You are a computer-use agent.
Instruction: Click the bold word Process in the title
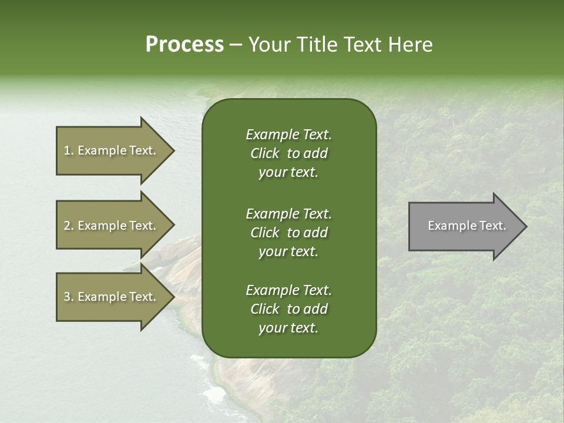(x=184, y=45)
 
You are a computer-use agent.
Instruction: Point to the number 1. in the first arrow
(x=69, y=150)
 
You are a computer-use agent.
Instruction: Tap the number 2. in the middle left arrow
(x=69, y=226)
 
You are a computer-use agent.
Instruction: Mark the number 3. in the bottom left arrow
(x=69, y=297)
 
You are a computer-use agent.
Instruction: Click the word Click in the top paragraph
(x=265, y=153)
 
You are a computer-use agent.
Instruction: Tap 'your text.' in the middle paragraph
(x=288, y=251)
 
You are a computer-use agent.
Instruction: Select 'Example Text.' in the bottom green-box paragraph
(x=288, y=290)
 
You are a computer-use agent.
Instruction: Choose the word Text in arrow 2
(x=142, y=226)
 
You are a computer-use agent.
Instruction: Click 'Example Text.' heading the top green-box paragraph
(x=288, y=135)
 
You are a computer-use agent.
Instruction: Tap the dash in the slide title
(x=236, y=45)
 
